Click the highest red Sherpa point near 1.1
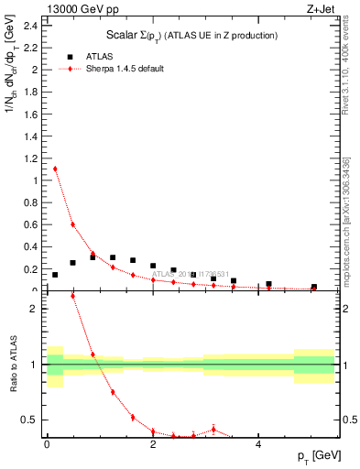(x=55, y=169)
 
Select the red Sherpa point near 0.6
(x=72, y=224)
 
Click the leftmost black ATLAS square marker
(x=55, y=275)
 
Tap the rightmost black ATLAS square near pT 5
(x=313, y=287)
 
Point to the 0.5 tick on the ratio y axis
(x=32, y=420)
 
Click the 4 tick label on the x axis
(x=259, y=444)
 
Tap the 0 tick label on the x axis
(x=47, y=444)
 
